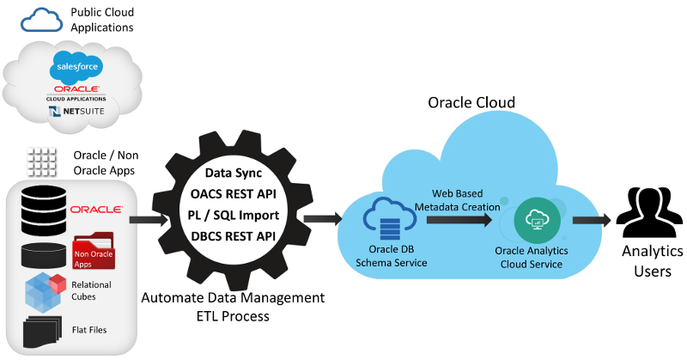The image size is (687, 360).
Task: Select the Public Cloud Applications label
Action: pyautogui.click(x=101, y=20)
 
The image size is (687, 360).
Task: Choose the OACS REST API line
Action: pyautogui.click(x=233, y=171)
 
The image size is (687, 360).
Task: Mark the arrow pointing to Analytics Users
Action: pyautogui.click(x=592, y=220)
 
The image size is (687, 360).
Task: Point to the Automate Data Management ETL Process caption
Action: pyautogui.click(x=234, y=307)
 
